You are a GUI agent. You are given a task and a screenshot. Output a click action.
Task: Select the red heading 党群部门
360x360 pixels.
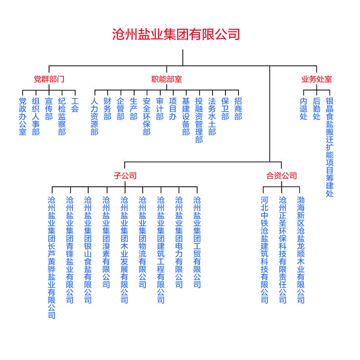(49, 79)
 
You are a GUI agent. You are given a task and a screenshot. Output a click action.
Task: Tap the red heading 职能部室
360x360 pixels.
(166, 79)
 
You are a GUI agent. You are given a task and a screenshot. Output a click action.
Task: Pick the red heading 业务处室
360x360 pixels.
(317, 79)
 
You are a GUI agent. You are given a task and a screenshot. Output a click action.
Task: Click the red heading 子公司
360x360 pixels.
(125, 175)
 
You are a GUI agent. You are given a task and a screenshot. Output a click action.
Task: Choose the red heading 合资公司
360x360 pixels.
(282, 175)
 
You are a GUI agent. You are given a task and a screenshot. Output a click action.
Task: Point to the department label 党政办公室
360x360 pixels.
(23, 117)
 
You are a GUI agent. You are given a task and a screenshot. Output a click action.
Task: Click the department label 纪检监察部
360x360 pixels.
(62, 117)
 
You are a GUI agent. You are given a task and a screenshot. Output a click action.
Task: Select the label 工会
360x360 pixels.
(75, 105)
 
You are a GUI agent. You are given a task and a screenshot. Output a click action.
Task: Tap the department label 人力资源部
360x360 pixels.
(94, 117)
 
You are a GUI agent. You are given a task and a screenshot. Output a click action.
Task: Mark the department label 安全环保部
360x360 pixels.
(147, 117)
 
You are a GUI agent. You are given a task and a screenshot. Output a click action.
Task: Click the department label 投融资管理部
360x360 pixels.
(199, 120)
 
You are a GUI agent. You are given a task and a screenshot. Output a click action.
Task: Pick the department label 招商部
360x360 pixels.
(238, 109)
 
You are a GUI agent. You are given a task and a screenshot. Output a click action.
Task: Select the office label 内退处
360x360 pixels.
(304, 109)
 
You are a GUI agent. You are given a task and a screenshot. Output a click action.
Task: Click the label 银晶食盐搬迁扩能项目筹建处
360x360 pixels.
(330, 147)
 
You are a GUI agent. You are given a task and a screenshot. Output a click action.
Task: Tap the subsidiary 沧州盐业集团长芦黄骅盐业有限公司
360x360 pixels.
(52, 257)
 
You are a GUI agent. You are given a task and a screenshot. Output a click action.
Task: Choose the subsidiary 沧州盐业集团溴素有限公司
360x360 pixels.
(106, 242)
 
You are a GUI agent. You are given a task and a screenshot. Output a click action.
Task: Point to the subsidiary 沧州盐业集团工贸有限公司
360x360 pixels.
(197, 242)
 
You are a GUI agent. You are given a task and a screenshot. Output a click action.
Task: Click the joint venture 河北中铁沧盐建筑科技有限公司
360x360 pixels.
(265, 250)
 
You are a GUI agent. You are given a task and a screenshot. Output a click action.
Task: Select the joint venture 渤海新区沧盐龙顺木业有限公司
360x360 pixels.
(301, 250)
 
